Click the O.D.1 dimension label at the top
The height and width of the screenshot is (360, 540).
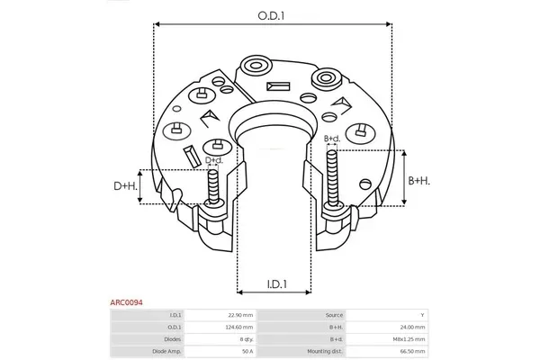272,16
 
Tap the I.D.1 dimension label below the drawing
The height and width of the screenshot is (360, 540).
277,283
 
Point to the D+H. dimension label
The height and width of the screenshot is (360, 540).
125,186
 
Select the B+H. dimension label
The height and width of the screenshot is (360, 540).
419,181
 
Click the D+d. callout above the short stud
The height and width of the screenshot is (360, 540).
214,160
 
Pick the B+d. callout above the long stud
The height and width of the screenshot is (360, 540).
332,139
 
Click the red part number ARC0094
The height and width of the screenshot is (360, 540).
126,302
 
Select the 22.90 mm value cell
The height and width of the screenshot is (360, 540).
240,315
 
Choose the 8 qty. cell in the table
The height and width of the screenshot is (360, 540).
247,339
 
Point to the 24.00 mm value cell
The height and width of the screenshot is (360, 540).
413,327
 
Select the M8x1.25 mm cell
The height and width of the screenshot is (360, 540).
409,339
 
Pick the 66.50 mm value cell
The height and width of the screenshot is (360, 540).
413,351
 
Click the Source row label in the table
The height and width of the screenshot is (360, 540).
334,315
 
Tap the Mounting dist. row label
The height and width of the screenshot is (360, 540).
325,351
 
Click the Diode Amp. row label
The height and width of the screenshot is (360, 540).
166,351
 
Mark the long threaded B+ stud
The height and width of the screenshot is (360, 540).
332,179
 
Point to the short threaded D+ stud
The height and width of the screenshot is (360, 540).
213,186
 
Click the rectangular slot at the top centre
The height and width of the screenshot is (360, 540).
278,86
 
